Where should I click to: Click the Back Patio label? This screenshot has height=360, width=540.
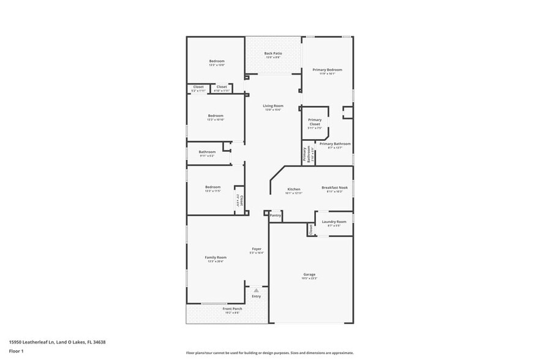[272, 53]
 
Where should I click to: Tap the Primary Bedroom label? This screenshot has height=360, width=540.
[328, 70]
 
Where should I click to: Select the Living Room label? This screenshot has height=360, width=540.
[273, 106]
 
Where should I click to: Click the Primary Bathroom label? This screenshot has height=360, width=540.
[335, 144]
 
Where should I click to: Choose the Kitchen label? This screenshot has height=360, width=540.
[294, 189]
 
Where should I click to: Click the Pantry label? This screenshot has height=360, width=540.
[276, 215]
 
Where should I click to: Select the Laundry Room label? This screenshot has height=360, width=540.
[334, 222]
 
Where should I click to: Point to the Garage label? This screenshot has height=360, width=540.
[309, 274]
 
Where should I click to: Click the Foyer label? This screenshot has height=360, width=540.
[257, 249]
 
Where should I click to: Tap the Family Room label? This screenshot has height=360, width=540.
[216, 257]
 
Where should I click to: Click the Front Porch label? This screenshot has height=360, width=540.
[232, 309]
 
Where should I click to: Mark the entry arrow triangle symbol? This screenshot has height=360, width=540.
[256, 290]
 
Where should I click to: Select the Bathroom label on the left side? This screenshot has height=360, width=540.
[207, 152]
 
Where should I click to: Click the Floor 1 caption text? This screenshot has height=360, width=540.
[16, 351]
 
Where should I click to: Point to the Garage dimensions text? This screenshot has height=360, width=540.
[309, 279]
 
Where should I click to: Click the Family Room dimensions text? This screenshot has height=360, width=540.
[216, 261]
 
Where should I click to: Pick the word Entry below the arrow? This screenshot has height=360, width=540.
[256, 296]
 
